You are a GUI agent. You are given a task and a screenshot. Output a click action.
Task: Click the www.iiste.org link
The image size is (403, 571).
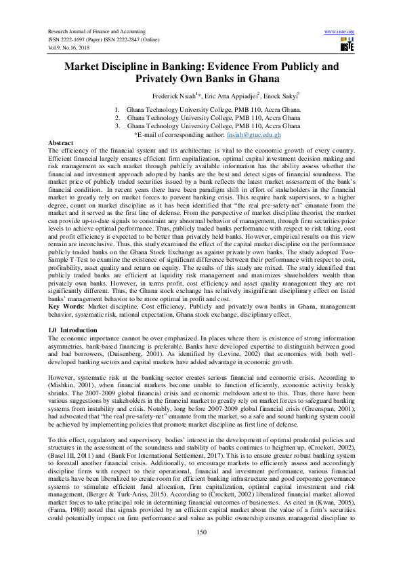coord(340,32)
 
